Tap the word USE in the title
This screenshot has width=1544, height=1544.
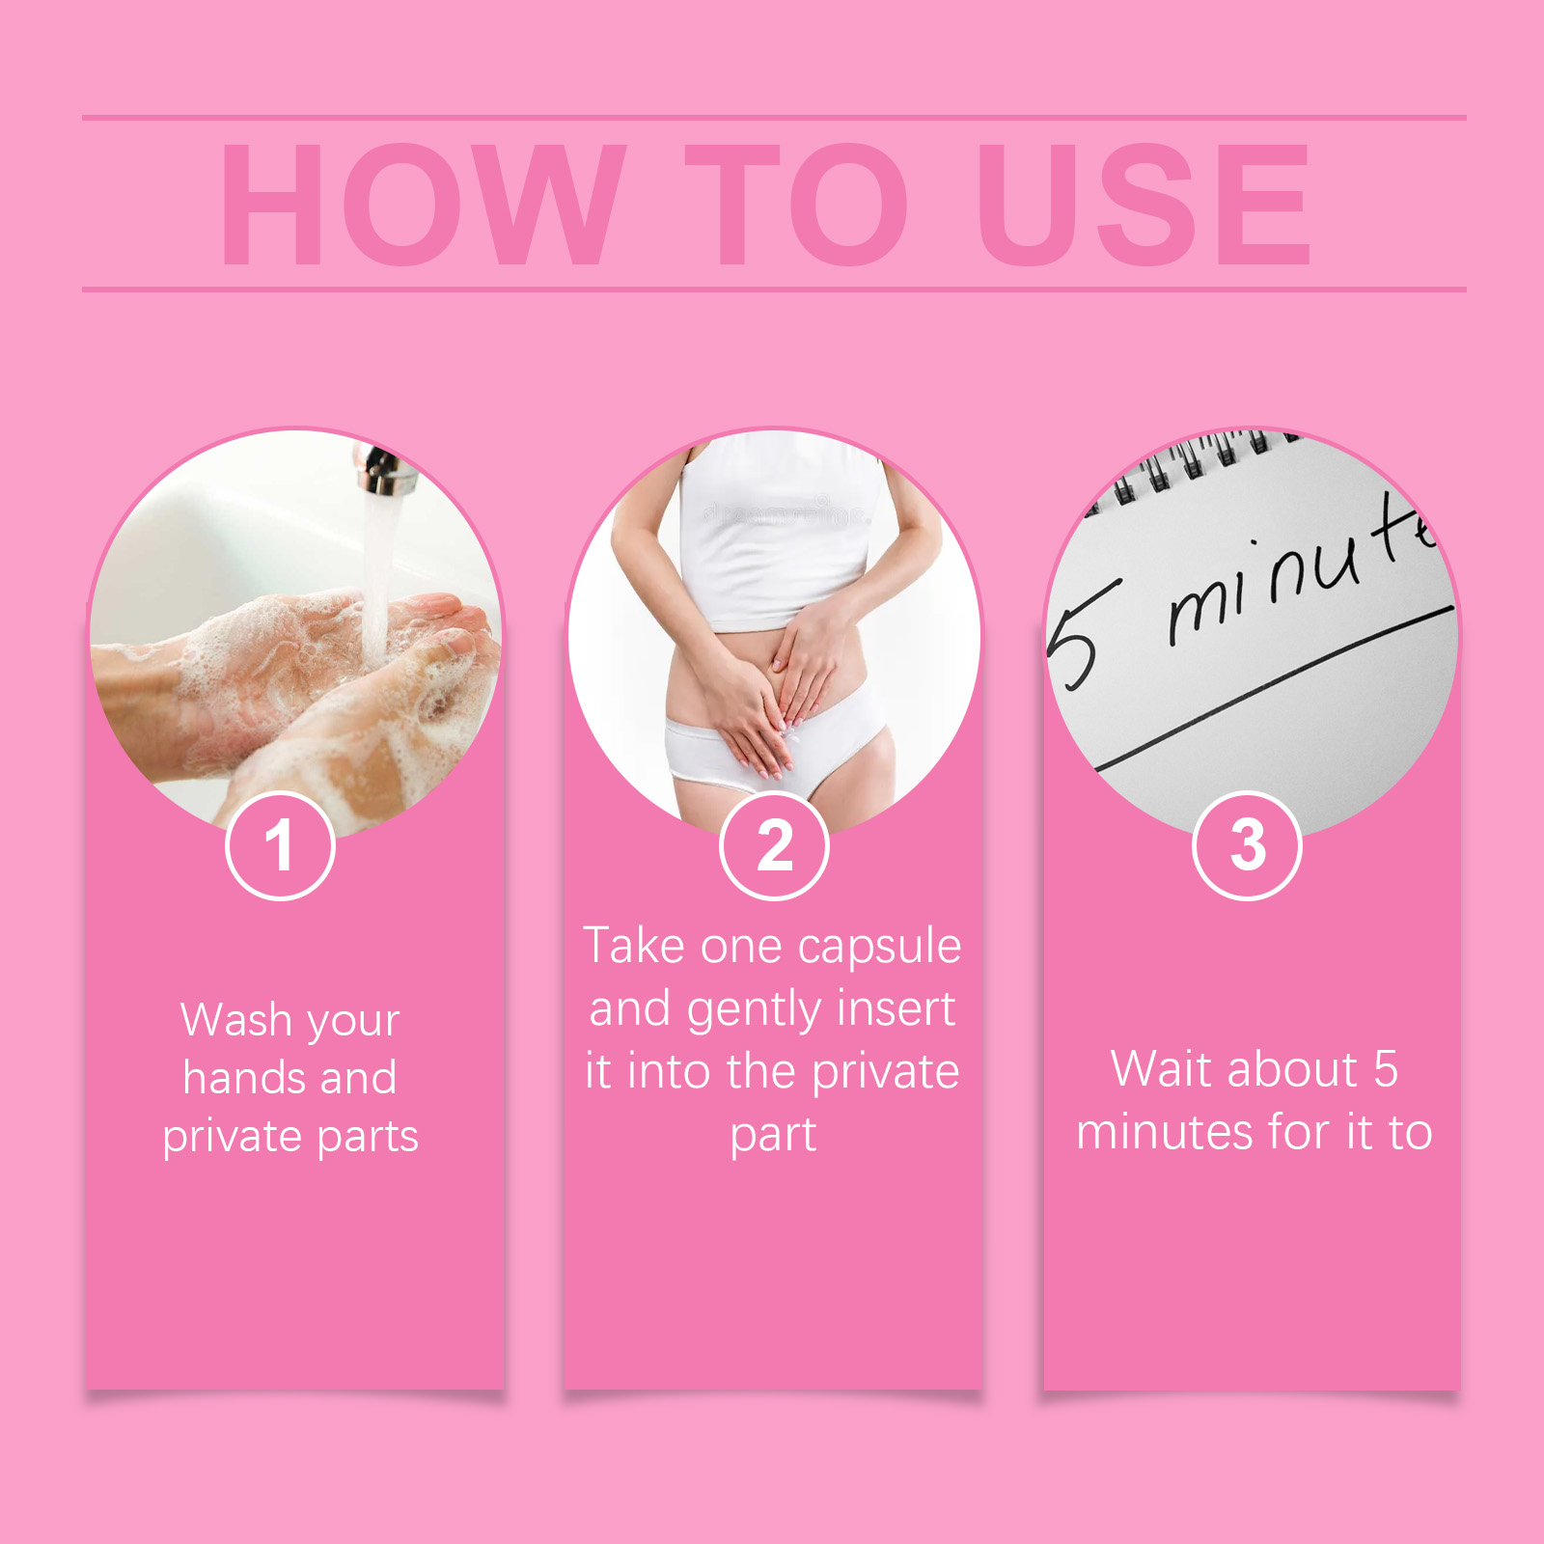click(x=1144, y=204)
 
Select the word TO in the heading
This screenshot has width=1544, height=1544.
click(x=797, y=204)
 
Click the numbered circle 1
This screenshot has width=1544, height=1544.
click(x=280, y=845)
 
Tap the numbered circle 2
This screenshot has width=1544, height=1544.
click(x=774, y=845)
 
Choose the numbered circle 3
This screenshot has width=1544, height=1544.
click(x=1248, y=845)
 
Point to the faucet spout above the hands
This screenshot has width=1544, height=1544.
click(x=384, y=469)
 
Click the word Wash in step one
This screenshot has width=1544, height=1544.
click(x=236, y=1019)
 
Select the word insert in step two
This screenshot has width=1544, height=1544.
click(x=896, y=1008)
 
